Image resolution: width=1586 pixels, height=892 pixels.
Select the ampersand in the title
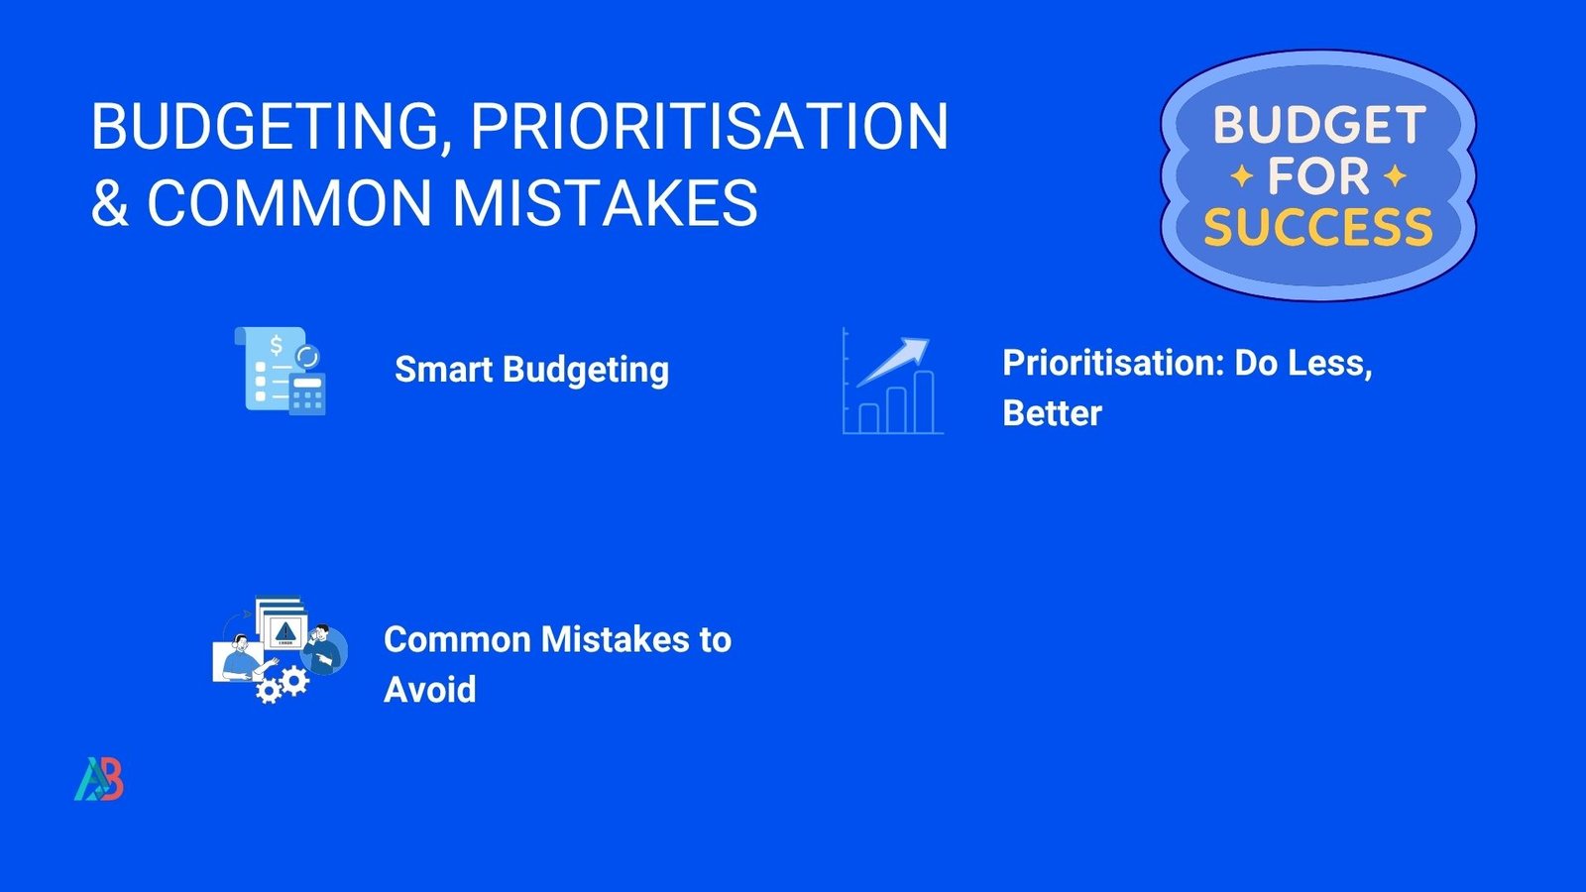tap(110, 202)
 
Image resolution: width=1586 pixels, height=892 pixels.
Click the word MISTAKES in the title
tap(606, 202)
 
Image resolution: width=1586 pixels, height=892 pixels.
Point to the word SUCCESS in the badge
tap(1318, 227)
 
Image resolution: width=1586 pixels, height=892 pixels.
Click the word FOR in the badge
tap(1318, 176)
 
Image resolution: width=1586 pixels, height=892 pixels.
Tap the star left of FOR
tap(1242, 176)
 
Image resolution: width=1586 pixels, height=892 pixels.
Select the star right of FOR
tap(1395, 176)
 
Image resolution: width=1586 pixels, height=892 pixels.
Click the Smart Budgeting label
tap(531, 371)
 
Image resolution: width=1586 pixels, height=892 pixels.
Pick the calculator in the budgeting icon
tap(307, 393)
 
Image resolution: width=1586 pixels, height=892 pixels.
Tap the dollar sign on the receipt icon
tap(277, 346)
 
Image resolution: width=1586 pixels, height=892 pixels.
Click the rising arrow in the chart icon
tap(893, 362)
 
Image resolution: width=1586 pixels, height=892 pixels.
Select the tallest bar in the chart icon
tap(924, 401)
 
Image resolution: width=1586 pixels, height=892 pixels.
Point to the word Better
tap(1052, 412)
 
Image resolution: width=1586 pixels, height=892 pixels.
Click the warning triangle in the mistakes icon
tap(283, 629)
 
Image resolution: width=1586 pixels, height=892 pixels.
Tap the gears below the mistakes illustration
tap(282, 685)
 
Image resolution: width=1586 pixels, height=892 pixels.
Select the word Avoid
tap(430, 690)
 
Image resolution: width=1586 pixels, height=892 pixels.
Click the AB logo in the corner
tap(99, 779)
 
